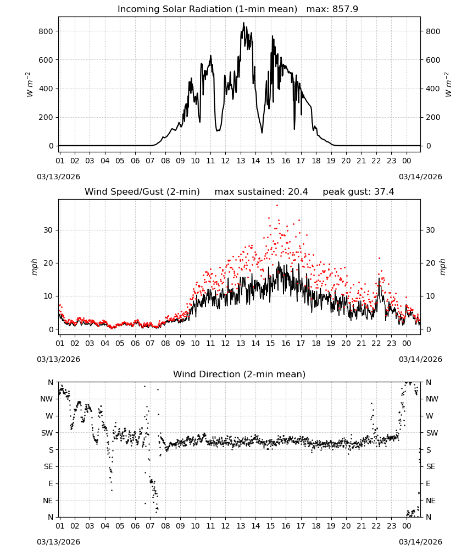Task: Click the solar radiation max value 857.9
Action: pyautogui.click(x=345, y=9)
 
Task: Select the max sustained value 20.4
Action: pyautogui.click(x=298, y=192)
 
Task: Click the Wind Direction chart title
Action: pyautogui.click(x=240, y=374)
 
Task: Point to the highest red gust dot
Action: pyautogui.click(x=277, y=206)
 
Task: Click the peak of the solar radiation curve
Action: pyautogui.click(x=244, y=23)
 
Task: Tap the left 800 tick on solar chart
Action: pyautogui.click(x=46, y=31)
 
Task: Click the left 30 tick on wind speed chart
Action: pyautogui.click(x=48, y=230)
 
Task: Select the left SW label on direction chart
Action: pyautogui.click(x=47, y=433)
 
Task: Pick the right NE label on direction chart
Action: pyautogui.click(x=431, y=501)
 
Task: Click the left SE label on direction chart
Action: pyautogui.click(x=48, y=466)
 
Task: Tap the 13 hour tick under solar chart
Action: pyautogui.click(x=241, y=161)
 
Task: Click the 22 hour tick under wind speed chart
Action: pyautogui.click(x=376, y=343)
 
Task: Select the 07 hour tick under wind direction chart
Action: pyautogui.click(x=150, y=526)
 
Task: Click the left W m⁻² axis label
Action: pyautogui.click(x=30, y=85)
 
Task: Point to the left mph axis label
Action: pyautogui.click(x=34, y=267)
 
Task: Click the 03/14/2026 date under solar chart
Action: pyautogui.click(x=420, y=177)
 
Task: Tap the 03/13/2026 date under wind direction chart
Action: pyautogui.click(x=58, y=542)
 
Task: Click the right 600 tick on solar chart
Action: pyautogui.click(x=433, y=60)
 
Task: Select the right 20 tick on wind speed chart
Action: pyautogui.click(x=431, y=263)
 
